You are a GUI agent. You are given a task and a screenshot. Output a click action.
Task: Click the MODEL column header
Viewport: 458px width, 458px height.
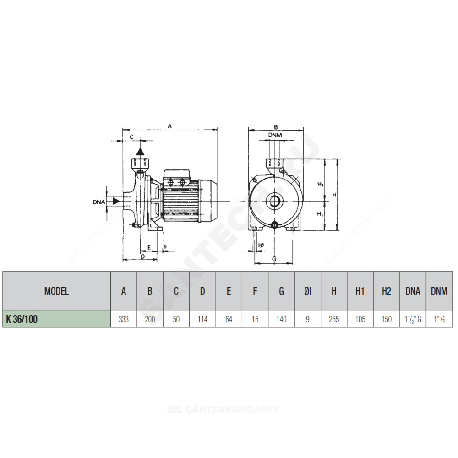57,291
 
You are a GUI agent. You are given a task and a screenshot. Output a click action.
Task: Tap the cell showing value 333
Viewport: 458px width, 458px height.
124,319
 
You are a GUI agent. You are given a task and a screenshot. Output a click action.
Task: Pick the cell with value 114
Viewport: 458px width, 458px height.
202,319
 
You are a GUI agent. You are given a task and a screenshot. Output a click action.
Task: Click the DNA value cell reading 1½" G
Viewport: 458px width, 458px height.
413,319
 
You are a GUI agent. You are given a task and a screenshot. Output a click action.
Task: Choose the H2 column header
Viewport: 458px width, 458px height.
387,291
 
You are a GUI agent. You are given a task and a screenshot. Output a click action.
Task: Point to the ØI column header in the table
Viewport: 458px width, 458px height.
308,291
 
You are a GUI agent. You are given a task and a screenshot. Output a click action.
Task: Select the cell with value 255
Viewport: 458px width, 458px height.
334,319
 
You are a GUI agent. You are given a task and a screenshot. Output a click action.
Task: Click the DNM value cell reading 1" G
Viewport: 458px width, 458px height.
439,319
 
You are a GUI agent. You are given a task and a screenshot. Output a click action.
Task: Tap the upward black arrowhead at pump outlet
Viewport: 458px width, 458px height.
140,151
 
